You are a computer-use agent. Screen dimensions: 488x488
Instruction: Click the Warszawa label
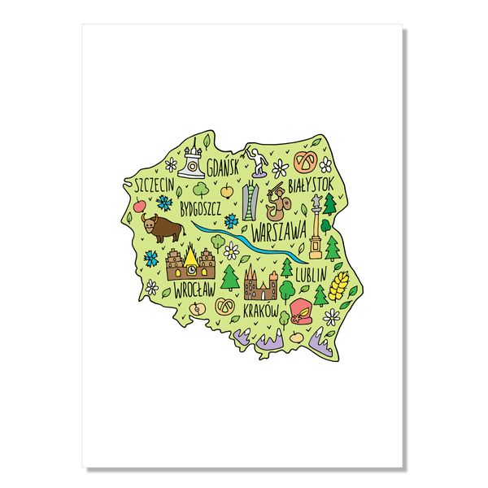278,230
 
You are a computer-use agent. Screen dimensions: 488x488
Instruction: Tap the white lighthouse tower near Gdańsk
193,160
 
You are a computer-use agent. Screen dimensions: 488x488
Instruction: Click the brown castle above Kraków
260,285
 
